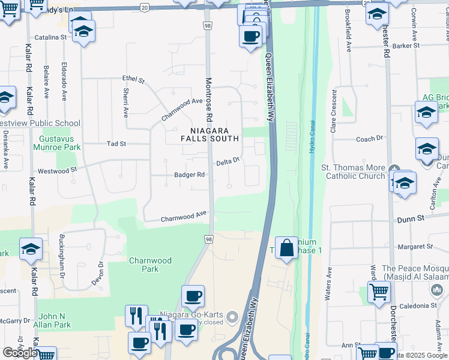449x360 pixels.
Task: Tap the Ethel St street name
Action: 133,79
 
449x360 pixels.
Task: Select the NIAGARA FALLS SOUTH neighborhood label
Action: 210,134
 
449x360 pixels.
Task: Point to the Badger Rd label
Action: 190,175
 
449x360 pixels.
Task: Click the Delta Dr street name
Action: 228,161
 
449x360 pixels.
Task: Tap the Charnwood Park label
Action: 150,265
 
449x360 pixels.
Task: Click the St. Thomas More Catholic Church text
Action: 355,172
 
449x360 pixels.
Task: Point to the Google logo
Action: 19,353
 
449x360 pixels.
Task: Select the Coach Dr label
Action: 369,139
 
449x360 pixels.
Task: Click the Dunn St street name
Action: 411,220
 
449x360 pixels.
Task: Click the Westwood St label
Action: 57,170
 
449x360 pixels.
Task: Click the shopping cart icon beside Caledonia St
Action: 379,292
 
